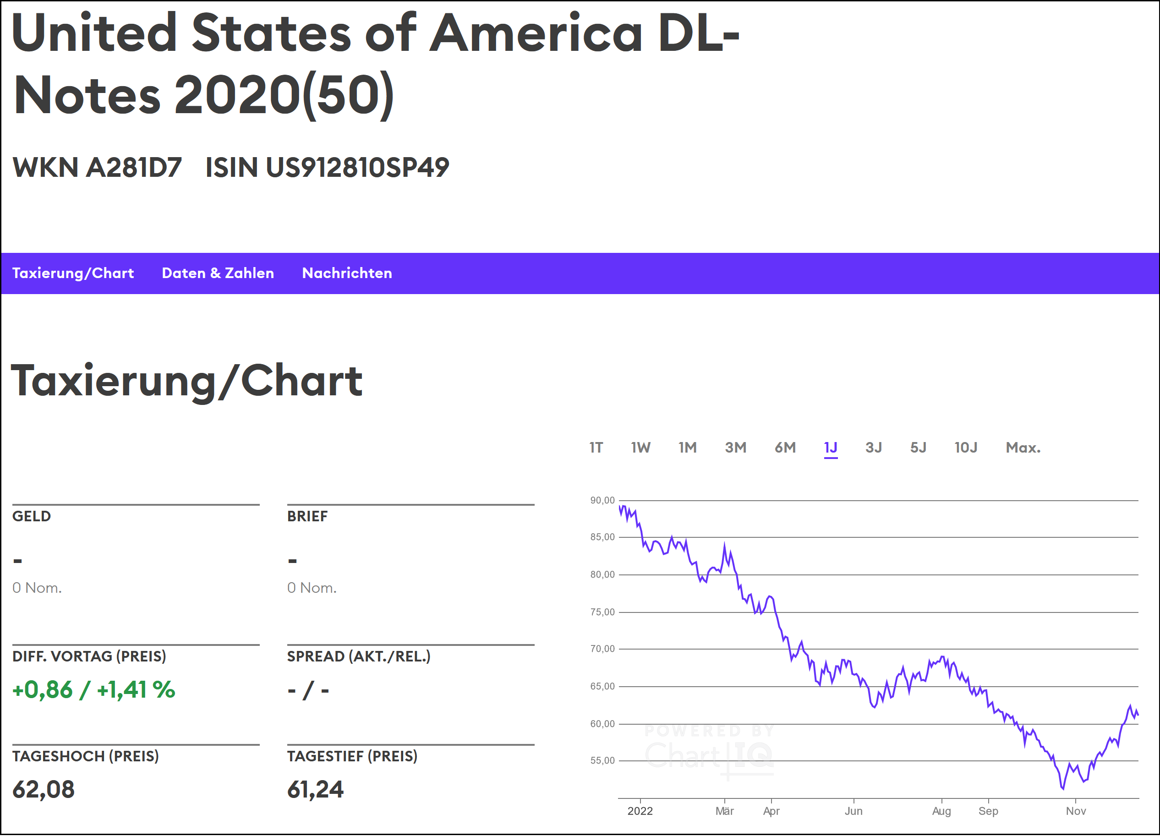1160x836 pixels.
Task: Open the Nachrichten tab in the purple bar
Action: [x=347, y=273]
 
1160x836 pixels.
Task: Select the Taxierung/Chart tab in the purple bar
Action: [x=73, y=273]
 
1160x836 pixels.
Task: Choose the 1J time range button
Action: [x=830, y=448]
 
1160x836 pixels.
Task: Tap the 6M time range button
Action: [x=785, y=448]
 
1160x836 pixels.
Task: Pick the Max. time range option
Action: [x=1023, y=448]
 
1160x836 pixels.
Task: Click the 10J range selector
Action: [x=965, y=448]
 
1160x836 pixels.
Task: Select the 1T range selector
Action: [x=596, y=448]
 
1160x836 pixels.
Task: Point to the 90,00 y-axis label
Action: [x=602, y=501]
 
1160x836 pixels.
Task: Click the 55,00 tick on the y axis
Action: [x=602, y=761]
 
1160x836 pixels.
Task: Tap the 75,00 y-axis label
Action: [x=602, y=612]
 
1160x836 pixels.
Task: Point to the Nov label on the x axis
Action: [x=1076, y=811]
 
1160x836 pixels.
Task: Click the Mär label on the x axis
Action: [x=724, y=811]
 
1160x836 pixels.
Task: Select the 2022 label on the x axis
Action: [x=640, y=811]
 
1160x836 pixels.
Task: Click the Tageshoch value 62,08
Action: [x=44, y=789]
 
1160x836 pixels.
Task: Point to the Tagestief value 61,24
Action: [x=315, y=789]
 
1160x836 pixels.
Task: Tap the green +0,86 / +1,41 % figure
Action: [x=93, y=690]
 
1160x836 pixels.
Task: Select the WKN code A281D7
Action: [x=133, y=167]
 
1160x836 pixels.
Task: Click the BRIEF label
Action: [x=307, y=516]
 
